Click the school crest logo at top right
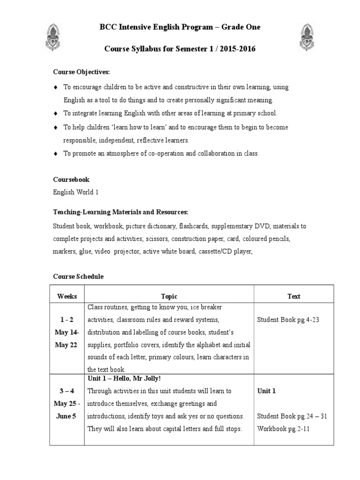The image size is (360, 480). [308, 37]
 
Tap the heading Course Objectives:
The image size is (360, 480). [81, 72]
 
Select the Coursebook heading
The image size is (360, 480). [71, 180]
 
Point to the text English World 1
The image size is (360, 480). [75, 192]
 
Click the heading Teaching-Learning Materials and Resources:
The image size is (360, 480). [120, 212]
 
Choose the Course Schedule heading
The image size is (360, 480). [78, 277]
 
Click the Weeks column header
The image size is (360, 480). [67, 296]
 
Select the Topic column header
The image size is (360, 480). [169, 296]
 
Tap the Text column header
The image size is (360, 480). [294, 296]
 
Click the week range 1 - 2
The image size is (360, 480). [67, 320]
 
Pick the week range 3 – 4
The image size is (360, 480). [67, 390]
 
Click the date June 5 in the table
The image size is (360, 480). [67, 416]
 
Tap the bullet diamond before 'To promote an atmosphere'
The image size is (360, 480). [56, 153]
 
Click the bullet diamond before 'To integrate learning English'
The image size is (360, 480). [56, 113]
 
